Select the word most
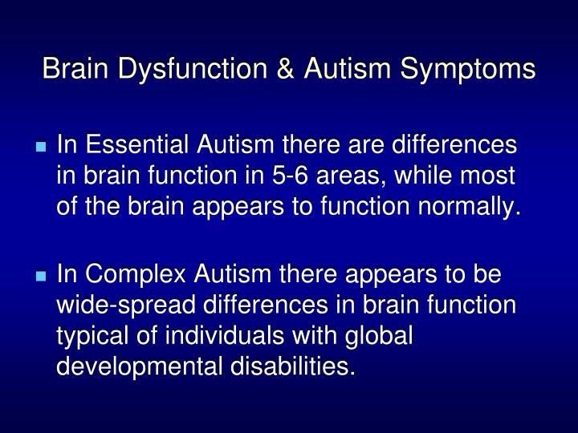click(496, 177)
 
